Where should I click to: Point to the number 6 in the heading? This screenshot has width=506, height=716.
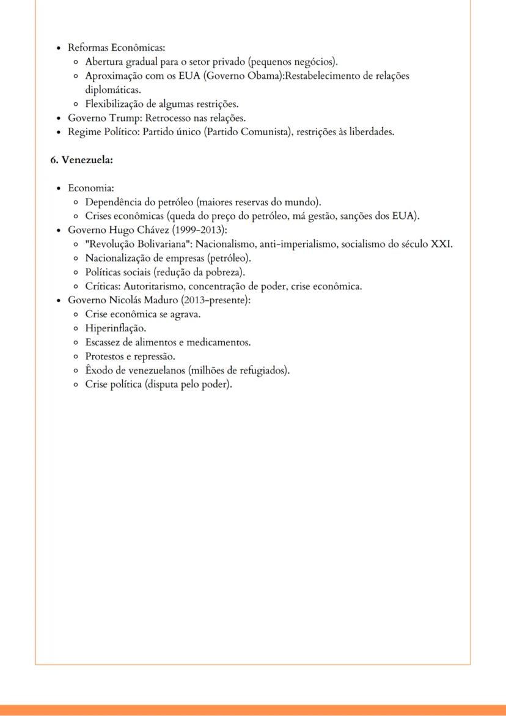point(53,160)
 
